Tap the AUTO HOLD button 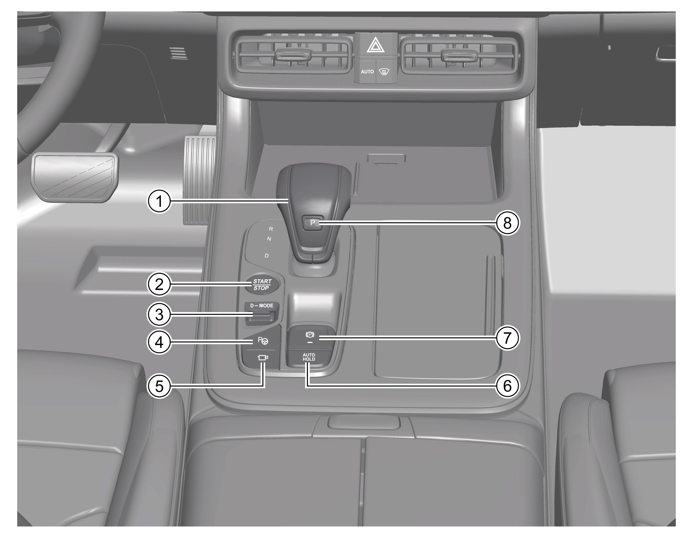pos(309,357)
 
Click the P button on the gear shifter pos(313,223)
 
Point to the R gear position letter pos(271,229)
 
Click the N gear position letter pos(269,239)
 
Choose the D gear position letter pos(267,256)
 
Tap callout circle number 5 pos(159,386)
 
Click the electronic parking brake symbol pos(309,335)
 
